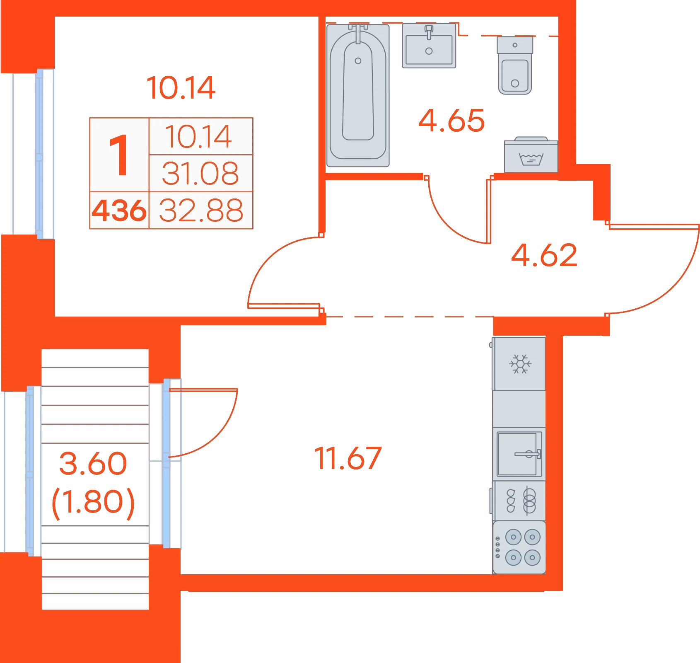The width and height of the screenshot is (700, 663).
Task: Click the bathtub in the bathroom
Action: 358,95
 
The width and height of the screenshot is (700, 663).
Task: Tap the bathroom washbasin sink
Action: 429,46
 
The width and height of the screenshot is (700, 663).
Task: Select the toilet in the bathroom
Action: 515,65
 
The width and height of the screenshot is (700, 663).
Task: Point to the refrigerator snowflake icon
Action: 520,364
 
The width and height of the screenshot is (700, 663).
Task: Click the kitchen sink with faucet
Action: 519,454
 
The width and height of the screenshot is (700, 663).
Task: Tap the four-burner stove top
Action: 519,547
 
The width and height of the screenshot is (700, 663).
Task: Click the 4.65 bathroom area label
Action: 451,121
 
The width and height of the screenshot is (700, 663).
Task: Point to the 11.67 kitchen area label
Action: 348,458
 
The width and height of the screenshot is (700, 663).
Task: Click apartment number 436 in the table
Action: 119,211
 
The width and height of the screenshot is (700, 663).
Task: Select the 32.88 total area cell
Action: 201,211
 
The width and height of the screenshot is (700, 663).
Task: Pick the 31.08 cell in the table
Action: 200,173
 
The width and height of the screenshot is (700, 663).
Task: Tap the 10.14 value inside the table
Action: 198,137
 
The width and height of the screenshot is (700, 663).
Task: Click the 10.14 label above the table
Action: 181,88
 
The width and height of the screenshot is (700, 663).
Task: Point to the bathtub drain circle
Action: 358,61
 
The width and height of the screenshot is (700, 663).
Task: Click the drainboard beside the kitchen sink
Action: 519,501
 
